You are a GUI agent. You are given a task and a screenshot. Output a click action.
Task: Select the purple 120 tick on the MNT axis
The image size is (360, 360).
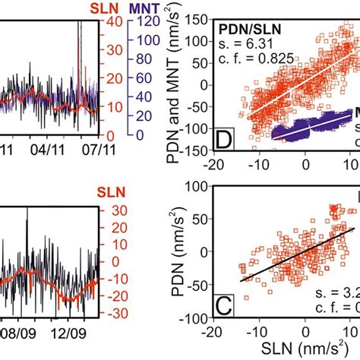coord(150,22)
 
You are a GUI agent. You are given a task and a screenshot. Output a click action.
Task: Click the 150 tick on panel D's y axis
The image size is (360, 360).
coord(202,15)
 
